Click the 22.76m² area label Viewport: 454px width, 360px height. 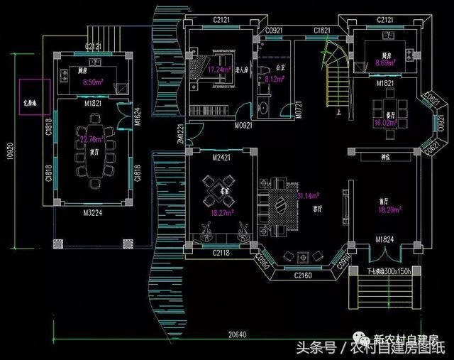(x=90, y=139)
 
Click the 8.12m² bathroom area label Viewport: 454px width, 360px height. (x=274, y=80)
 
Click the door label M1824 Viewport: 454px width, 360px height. (x=385, y=239)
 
